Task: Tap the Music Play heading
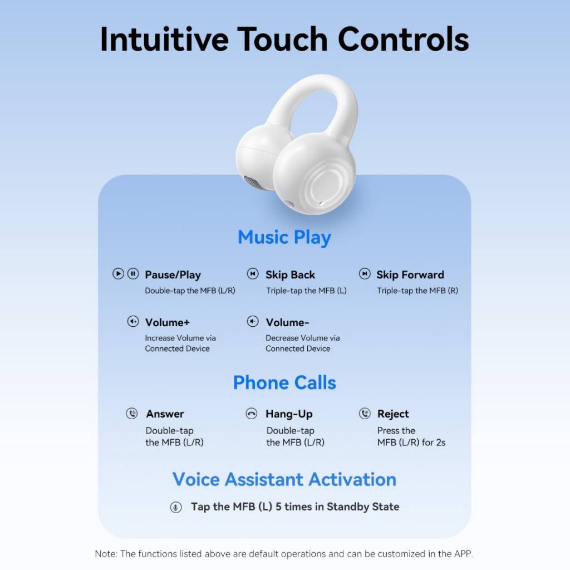point(284,237)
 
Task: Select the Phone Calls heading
point(284,382)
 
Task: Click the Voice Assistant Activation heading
point(284,479)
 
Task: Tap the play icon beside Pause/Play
point(118,273)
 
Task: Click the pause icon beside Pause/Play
point(133,273)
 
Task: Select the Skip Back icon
point(253,273)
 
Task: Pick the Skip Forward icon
point(365,273)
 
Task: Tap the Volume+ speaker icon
point(133,321)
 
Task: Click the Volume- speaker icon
point(253,321)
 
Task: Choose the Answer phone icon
point(131,414)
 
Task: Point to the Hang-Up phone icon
point(251,414)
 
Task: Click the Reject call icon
point(365,414)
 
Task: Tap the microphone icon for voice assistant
point(176,507)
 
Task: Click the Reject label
point(393,414)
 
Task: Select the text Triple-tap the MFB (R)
point(417,291)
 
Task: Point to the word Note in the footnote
point(105,554)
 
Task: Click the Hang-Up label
point(289,414)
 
